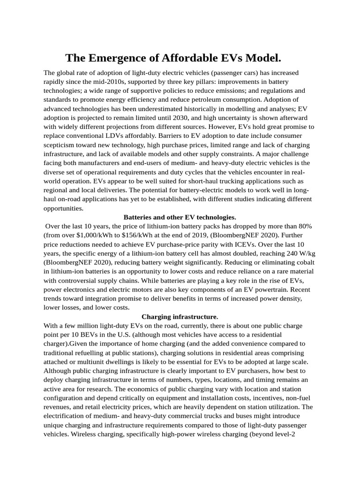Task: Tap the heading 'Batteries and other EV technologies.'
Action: [x=180, y=217]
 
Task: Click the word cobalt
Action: [x=303, y=262]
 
